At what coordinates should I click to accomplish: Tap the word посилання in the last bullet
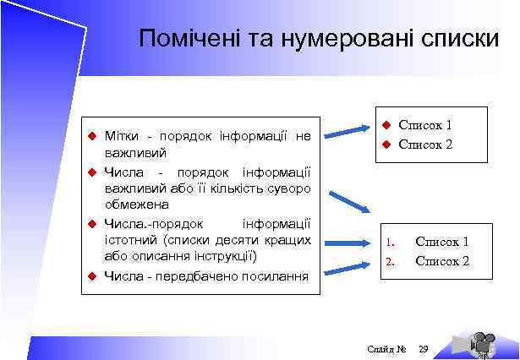[x=271, y=275]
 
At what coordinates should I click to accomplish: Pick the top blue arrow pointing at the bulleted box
[x=350, y=129]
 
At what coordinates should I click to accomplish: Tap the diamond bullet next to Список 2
[x=382, y=144]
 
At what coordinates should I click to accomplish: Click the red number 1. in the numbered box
[x=390, y=243]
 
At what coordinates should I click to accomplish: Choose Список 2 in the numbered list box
[x=441, y=261]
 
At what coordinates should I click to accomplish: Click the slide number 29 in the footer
[x=424, y=348]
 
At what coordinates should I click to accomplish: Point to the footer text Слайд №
[x=388, y=348]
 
